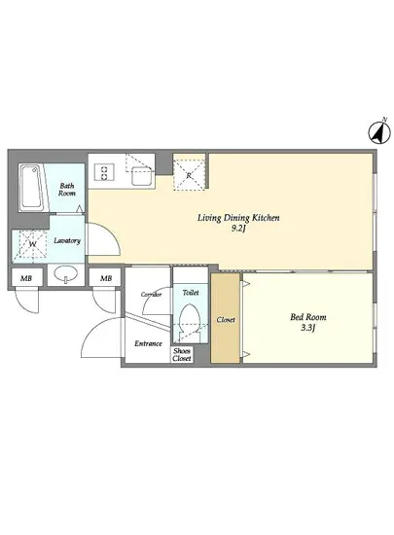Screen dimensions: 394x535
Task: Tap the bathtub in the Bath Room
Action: click(x=32, y=187)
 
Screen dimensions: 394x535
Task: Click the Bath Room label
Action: click(x=66, y=190)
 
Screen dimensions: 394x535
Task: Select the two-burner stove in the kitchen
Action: click(x=104, y=172)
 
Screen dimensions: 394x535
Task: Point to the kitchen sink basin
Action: click(x=142, y=176)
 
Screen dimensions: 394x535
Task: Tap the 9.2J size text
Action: click(x=238, y=229)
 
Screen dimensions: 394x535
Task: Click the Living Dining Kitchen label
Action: click(x=238, y=218)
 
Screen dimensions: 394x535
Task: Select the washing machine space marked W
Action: click(x=33, y=244)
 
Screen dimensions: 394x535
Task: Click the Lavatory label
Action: click(x=67, y=240)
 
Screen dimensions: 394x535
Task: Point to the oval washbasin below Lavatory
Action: click(x=65, y=273)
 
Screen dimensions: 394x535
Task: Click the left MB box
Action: click(x=26, y=278)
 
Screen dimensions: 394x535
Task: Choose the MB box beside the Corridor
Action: click(x=106, y=278)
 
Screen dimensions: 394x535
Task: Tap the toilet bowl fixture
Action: click(x=191, y=321)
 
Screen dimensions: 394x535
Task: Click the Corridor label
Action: click(x=152, y=295)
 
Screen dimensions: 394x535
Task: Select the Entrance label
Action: click(x=148, y=343)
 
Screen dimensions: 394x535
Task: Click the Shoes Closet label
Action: click(x=182, y=355)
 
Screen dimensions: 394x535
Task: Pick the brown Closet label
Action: click(x=226, y=320)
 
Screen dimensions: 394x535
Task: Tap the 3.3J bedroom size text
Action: click(x=307, y=328)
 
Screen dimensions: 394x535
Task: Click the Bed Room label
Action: click(x=308, y=317)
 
